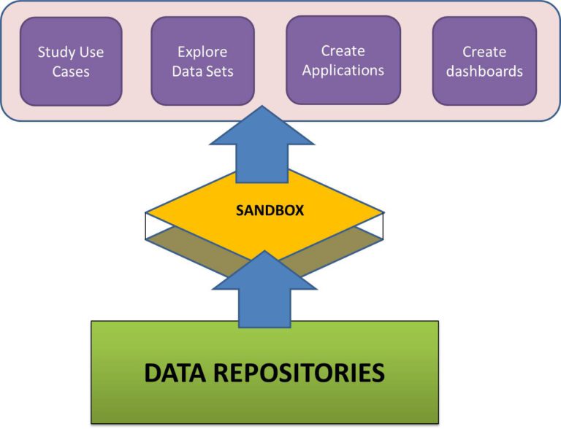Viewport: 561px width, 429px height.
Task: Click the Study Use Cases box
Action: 71,61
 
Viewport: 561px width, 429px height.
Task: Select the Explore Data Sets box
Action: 202,61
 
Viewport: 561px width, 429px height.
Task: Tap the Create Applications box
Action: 343,60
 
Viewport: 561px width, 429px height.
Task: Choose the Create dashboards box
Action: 484,61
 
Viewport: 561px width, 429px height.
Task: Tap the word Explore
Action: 202,53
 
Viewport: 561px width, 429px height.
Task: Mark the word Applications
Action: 343,71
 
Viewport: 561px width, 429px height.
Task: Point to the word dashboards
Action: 484,71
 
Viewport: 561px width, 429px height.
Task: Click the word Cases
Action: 71,71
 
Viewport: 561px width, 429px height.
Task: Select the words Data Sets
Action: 202,71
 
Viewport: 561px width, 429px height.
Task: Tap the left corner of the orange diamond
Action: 148,212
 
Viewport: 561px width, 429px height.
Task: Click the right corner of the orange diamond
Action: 383,212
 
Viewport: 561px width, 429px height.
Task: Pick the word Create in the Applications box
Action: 343,51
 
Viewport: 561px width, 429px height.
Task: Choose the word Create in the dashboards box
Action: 484,52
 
